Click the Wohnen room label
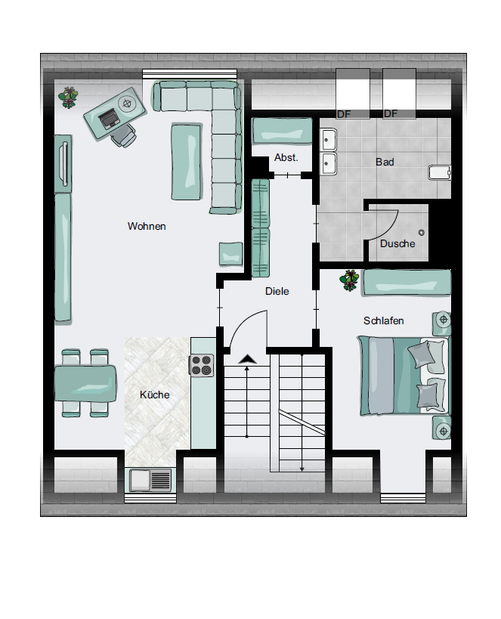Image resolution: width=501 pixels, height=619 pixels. tap(147, 226)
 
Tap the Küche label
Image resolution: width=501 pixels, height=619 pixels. tap(154, 395)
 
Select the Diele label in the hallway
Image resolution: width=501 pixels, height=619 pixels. tap(277, 291)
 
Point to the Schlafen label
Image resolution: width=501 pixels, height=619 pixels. tap(383, 320)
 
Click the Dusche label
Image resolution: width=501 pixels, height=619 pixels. tap(397, 243)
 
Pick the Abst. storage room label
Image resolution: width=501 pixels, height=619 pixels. tap(286, 157)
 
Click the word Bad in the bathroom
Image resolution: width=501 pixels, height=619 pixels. tap(385, 162)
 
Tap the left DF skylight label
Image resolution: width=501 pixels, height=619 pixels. tap(344, 114)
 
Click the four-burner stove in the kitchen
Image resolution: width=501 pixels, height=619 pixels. tap(202, 365)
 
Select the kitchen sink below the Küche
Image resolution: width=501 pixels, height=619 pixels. tap(150, 480)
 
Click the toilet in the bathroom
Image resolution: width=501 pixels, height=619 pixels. tap(439, 172)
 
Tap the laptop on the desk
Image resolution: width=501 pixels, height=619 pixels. tap(109, 119)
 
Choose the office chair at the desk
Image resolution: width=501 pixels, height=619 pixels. tap(124, 136)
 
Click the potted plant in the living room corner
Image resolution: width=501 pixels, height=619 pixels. tap(69, 97)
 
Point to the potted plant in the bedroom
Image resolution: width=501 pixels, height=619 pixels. tap(350, 280)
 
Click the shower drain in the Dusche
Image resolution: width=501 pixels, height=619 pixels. tap(422, 233)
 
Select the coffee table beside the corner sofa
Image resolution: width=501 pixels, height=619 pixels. tap(187, 162)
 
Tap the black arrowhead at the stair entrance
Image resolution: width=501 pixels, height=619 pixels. tap(248, 359)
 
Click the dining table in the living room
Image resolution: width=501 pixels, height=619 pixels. tap(85, 383)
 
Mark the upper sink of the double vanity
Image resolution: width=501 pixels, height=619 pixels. tap(329, 139)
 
